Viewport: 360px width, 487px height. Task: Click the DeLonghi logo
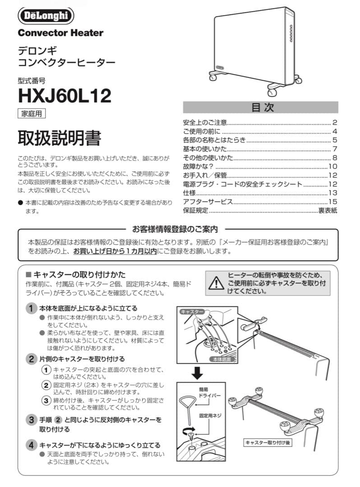tap(46, 16)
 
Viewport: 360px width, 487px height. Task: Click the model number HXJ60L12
tap(65, 95)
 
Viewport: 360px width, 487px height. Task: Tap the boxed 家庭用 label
tap(32, 114)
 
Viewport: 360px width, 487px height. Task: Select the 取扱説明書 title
tap(59, 138)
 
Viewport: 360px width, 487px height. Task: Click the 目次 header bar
tap(260, 107)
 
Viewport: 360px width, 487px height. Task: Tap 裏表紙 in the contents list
tap(328, 211)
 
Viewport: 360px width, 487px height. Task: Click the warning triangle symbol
tap(217, 283)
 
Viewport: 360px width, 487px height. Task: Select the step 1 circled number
tap(31, 308)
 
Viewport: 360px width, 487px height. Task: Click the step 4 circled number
tap(31, 445)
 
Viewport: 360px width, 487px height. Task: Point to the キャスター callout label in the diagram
tap(192, 312)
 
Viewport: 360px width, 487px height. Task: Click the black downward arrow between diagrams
tap(197, 373)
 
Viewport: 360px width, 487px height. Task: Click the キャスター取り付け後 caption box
tap(268, 443)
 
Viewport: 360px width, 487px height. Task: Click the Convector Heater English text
tap(60, 33)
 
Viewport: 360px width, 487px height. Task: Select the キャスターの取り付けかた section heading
tap(79, 275)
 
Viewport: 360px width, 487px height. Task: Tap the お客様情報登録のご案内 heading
tap(175, 229)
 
